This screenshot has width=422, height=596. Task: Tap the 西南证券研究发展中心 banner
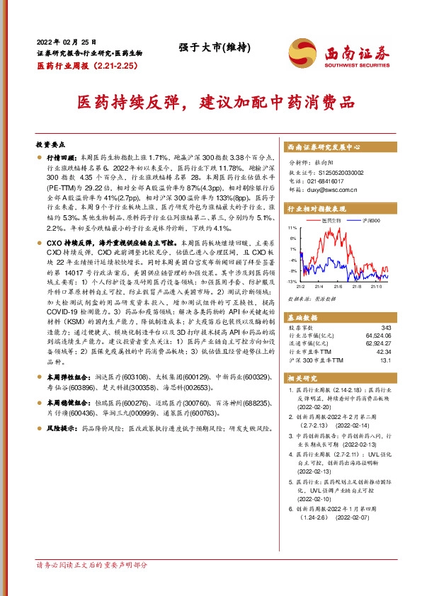click(x=324, y=147)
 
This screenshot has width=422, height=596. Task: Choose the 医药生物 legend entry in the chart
click(x=331, y=221)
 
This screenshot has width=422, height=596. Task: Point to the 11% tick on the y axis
click(x=292, y=229)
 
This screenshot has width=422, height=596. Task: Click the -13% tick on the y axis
click(x=292, y=282)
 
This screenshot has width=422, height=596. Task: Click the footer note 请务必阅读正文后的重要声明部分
click(x=92, y=565)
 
